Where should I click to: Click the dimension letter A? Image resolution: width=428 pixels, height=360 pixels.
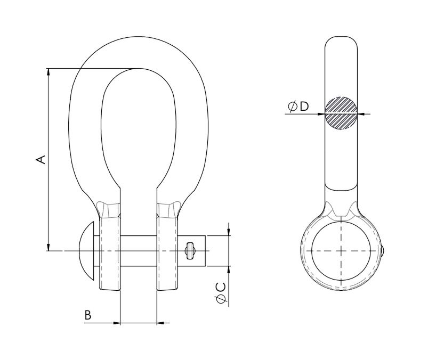41,160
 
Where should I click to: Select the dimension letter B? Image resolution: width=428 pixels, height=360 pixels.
87,315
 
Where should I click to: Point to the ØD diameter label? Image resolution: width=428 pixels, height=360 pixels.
298,106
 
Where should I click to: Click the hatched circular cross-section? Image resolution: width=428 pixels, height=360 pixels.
341,113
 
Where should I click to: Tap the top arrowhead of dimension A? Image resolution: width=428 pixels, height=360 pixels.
49,71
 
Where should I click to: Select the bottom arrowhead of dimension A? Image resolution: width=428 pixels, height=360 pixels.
49,247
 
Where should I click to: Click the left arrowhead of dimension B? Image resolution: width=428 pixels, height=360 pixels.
117,323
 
